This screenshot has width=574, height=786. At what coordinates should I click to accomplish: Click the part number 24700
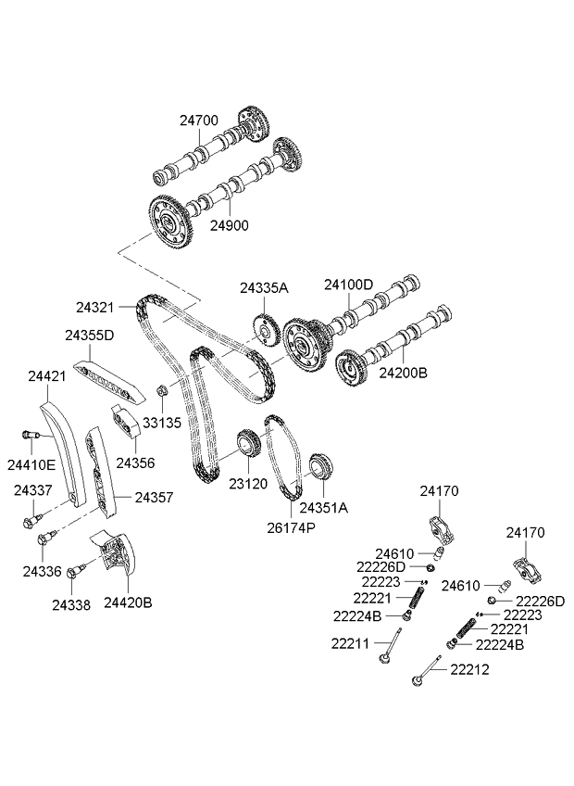(x=199, y=120)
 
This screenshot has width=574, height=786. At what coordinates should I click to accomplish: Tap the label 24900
(x=230, y=225)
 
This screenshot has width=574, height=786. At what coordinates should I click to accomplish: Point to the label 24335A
(x=264, y=288)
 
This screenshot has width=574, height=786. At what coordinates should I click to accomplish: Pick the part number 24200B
(x=402, y=372)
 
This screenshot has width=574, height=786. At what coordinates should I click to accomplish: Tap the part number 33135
(x=162, y=422)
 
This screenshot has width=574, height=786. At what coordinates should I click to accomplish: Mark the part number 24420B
(x=128, y=602)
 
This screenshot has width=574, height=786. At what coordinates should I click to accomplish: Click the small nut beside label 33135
(x=160, y=391)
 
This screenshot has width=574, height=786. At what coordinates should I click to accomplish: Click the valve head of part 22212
(x=416, y=685)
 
